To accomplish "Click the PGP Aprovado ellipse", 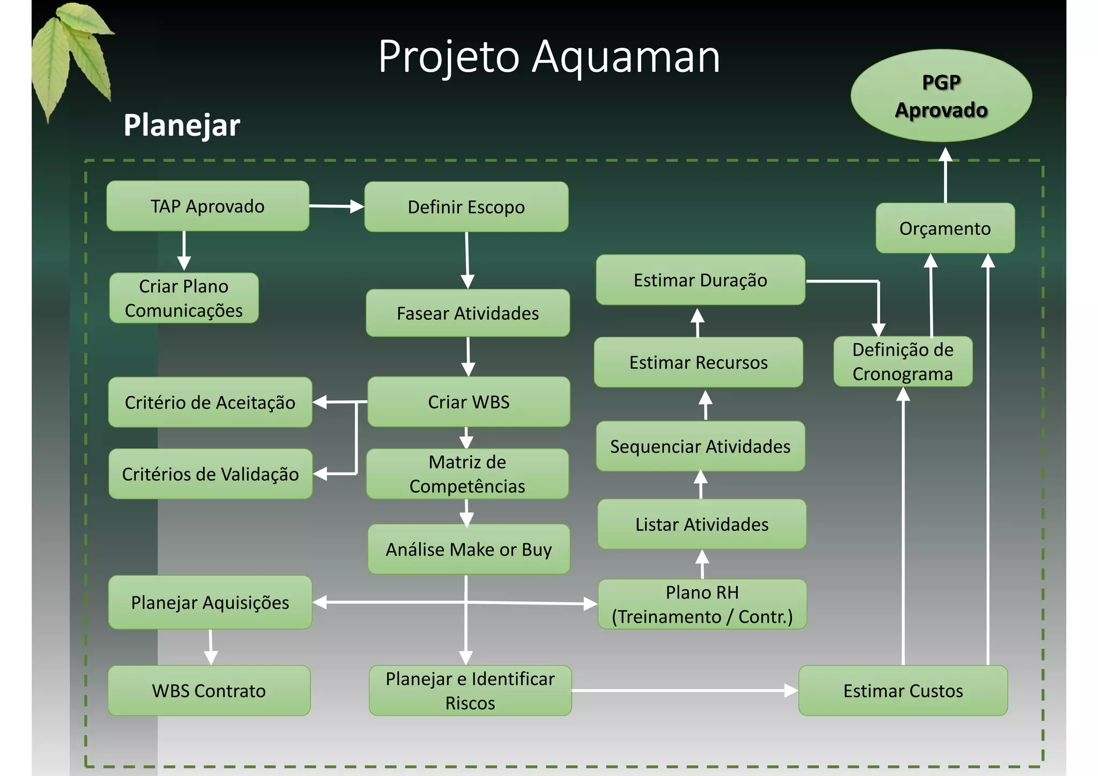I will tap(941, 96).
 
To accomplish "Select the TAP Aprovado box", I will tap(207, 206).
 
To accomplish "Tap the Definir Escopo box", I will tap(466, 207).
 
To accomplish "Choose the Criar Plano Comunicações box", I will tap(184, 298).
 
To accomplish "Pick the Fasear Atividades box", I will tap(468, 313).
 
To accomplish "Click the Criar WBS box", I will tap(469, 402).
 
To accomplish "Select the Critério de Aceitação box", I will tap(210, 402).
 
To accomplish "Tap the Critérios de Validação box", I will tap(210, 474).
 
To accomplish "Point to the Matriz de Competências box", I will tap(467, 474).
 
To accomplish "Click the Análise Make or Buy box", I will tap(469, 549).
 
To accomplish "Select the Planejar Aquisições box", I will tap(210, 602).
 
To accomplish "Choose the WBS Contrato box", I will tap(209, 691).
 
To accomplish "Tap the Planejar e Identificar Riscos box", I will tap(470, 691).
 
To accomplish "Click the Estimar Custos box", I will tap(903, 691).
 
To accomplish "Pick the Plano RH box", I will tap(702, 604).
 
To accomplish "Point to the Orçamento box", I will tap(945, 228).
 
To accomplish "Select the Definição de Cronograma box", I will tap(903, 361).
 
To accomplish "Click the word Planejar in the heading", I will tap(182, 125).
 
